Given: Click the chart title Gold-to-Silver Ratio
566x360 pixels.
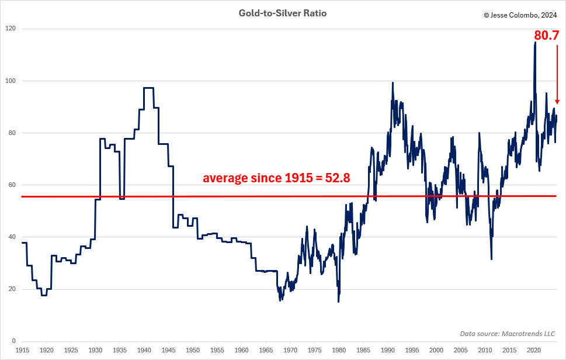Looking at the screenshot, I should click(283, 13).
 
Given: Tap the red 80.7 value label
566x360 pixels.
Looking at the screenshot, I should click(546, 35).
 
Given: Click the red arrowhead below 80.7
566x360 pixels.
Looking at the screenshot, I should click(557, 102).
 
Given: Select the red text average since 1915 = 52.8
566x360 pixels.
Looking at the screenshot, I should click(276, 178).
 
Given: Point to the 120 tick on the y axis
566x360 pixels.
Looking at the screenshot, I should click(11, 29).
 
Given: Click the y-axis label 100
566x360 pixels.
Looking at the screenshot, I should click(11, 81).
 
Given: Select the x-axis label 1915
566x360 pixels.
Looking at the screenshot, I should click(22, 350).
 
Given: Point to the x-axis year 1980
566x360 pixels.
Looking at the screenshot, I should click(339, 350).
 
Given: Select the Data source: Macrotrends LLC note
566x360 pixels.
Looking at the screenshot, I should click(508, 334).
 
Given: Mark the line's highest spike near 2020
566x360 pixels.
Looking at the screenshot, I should click(535, 42).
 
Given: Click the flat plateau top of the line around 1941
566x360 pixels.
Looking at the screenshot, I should click(148, 88).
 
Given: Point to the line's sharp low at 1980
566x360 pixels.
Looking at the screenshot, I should click(338, 301).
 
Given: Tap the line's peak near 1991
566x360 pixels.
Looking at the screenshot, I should click(393, 83).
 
